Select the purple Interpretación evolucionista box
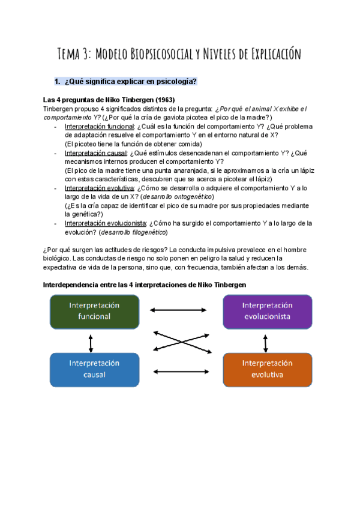pos(267,311)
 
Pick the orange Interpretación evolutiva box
pos(267,369)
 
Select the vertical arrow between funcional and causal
pos(91,343)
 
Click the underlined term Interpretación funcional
pos(99,127)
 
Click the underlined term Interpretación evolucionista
pos(104,223)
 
